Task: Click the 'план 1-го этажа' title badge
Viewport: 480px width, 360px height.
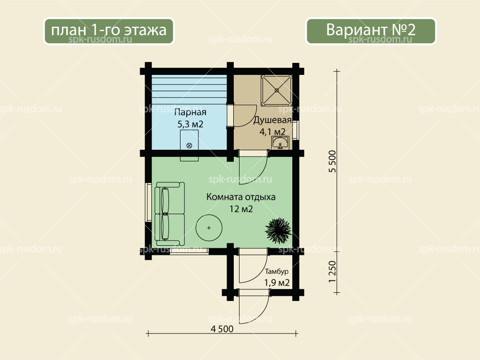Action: [108, 31]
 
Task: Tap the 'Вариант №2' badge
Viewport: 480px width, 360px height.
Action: [371, 31]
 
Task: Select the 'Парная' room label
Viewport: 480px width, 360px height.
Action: [190, 113]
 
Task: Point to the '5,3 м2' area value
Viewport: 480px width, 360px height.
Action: [190, 124]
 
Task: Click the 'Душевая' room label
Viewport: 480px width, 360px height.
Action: [272, 120]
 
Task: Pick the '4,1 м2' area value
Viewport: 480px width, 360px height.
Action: [273, 132]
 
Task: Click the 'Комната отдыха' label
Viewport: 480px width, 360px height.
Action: [241, 197]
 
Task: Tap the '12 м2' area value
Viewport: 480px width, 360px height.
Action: [241, 209]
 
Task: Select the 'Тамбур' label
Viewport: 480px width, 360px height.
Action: [277, 272]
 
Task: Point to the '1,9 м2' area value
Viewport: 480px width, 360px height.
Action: [277, 283]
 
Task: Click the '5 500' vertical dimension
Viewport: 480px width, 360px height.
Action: [333, 161]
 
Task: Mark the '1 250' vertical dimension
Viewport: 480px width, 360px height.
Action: [333, 272]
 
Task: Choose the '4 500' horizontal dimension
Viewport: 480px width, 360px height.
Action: [222, 329]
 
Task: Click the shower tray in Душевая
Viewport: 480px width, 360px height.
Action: [277, 90]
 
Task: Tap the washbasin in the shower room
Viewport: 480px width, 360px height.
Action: [280, 143]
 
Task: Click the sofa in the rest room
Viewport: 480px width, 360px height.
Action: [169, 214]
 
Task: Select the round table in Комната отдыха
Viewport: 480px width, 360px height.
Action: [209, 228]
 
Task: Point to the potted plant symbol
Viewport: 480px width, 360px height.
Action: [278, 230]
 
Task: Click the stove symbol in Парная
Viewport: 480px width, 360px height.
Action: [189, 145]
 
